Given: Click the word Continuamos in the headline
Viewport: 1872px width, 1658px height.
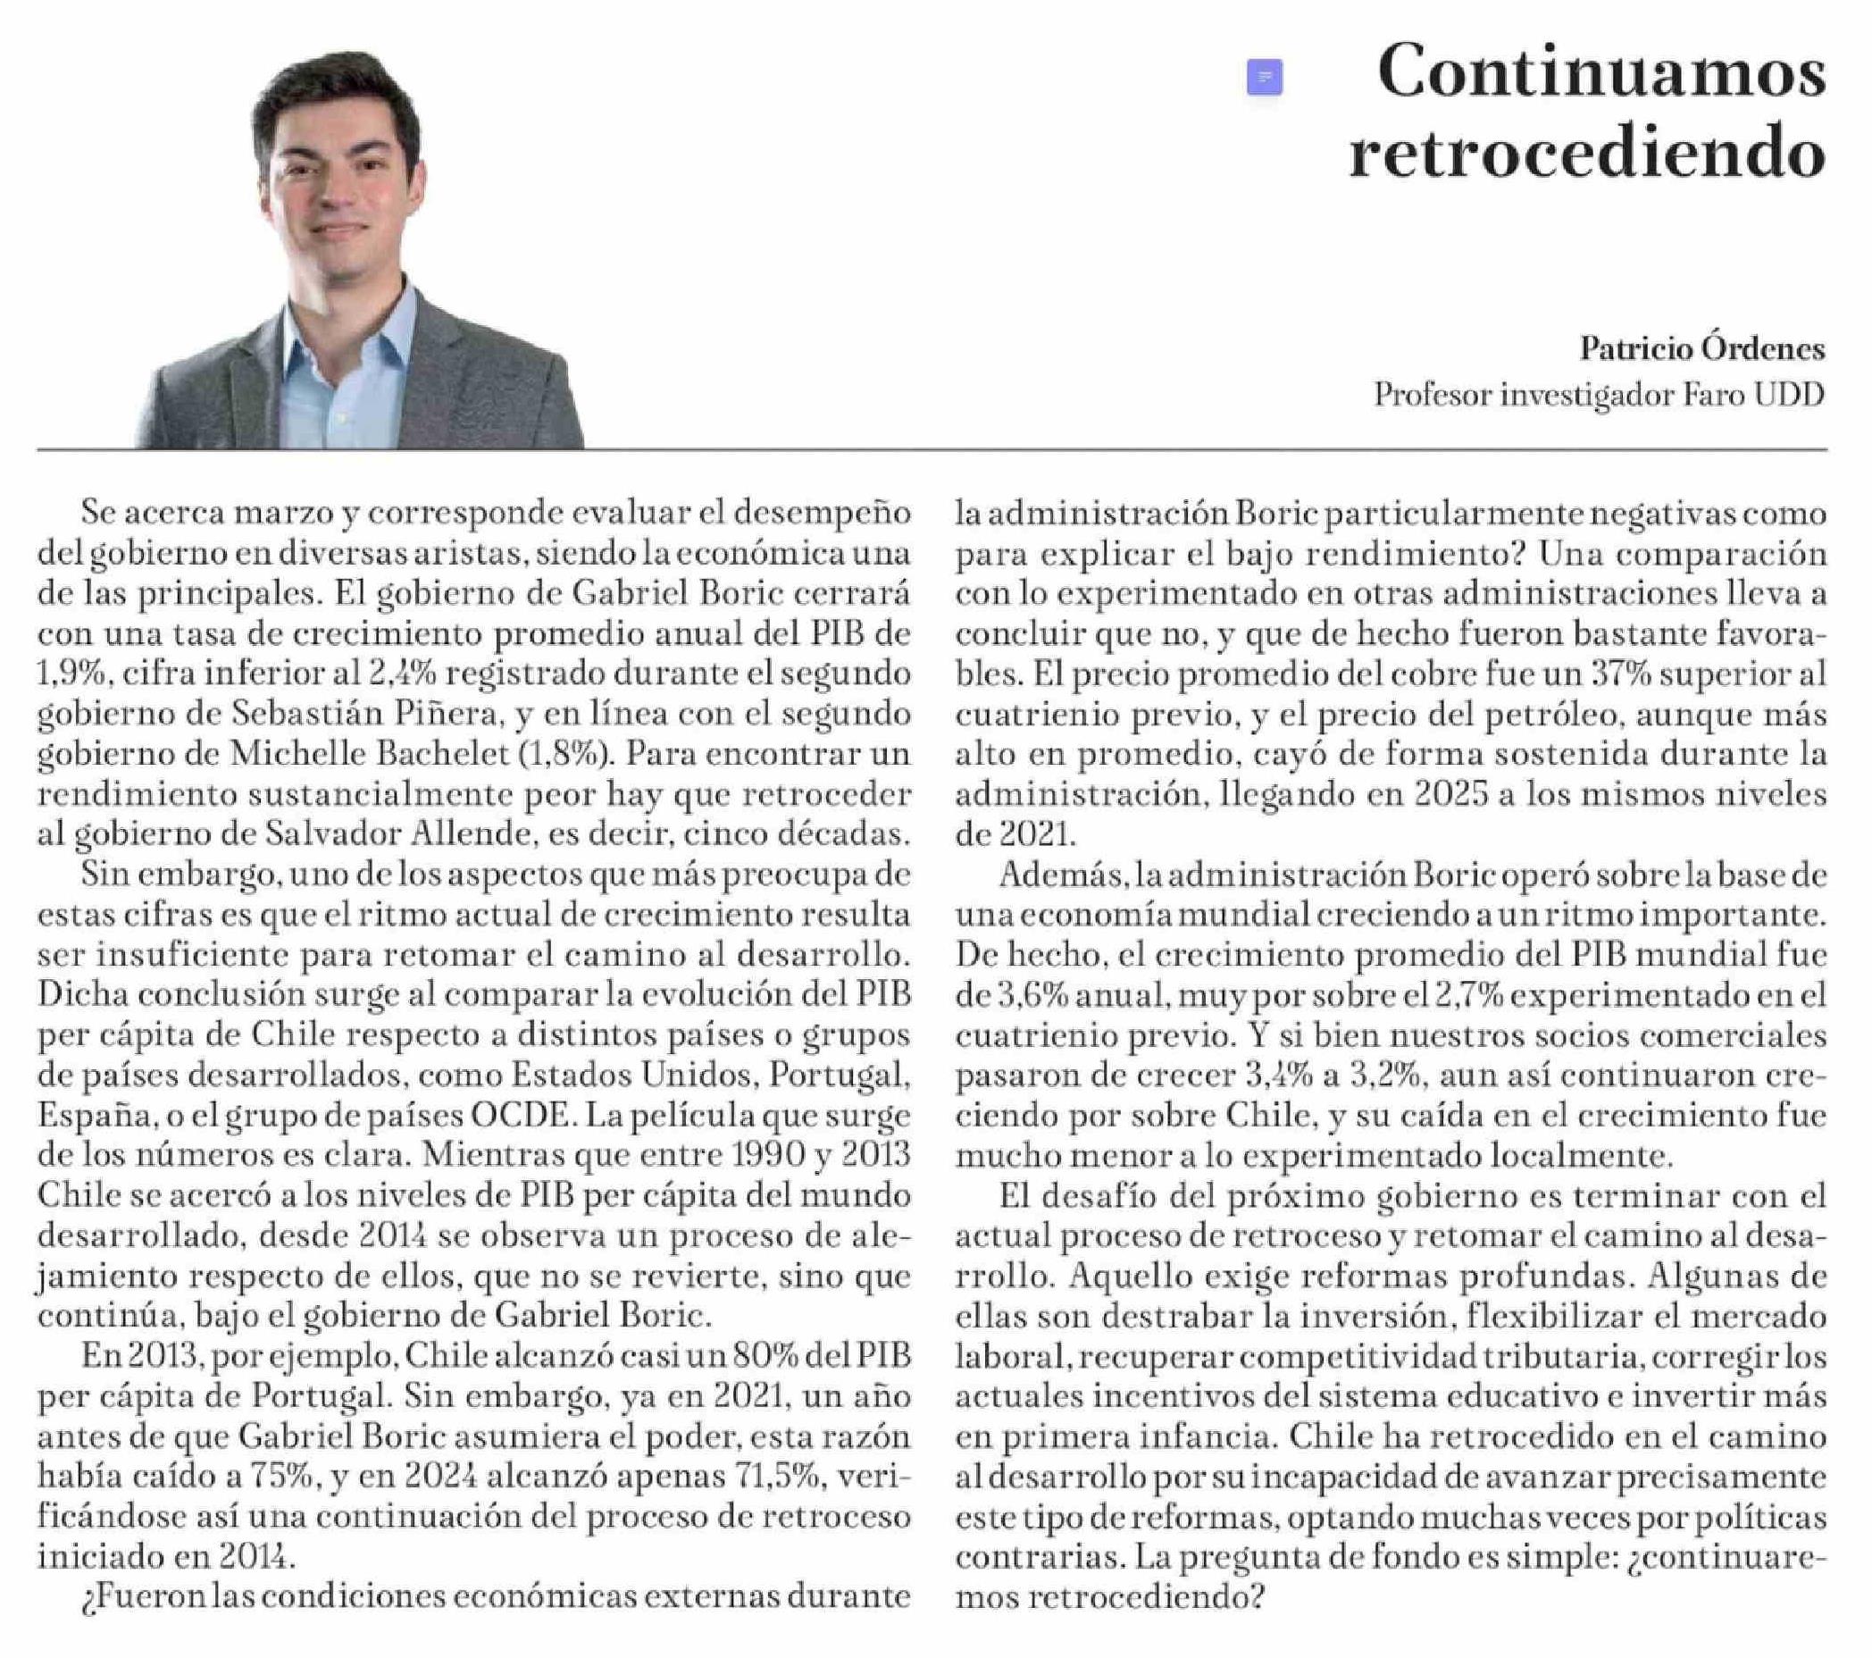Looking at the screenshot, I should click(1600, 73).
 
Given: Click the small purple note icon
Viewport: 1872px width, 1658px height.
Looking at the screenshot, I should click(1264, 77).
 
